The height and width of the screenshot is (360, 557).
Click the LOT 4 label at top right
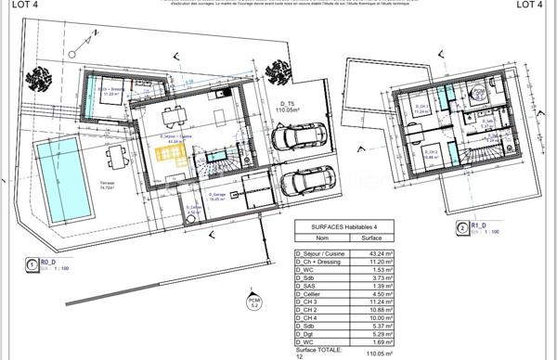click(x=529, y=6)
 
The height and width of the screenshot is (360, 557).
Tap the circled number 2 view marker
click(x=462, y=226)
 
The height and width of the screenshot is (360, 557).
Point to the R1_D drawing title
click(x=478, y=224)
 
